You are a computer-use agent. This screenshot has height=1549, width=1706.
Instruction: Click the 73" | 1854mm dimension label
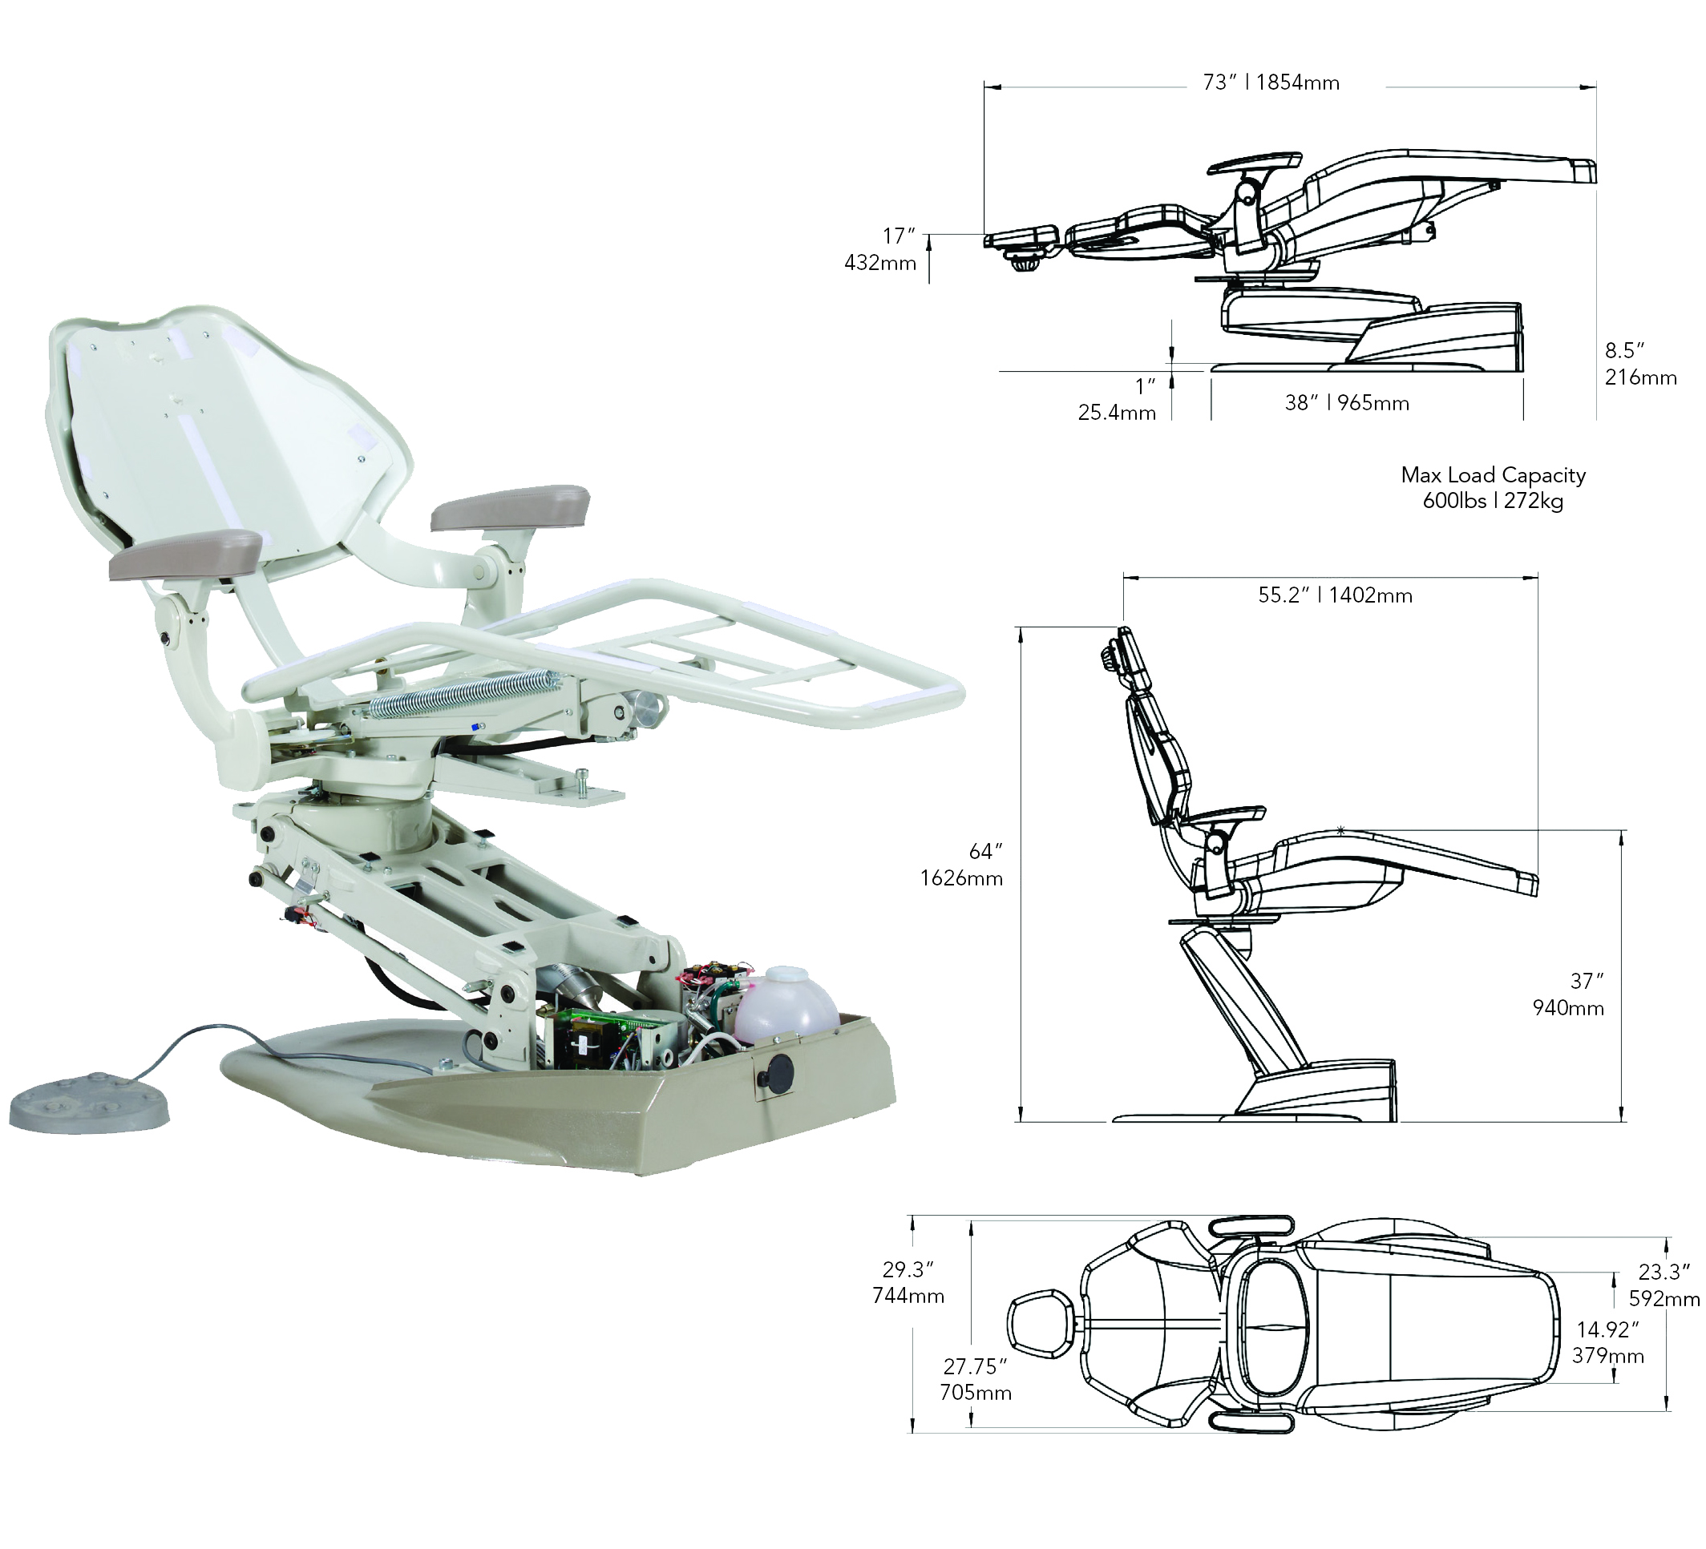coord(1270,83)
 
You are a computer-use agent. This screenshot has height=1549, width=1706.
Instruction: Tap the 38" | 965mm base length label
coord(1346,404)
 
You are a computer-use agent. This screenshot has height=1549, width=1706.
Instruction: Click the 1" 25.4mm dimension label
coord(1118,399)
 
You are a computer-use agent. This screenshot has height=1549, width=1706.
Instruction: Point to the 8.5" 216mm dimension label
coord(1639,364)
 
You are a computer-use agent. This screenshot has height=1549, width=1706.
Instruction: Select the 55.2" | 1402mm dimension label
coord(1335,595)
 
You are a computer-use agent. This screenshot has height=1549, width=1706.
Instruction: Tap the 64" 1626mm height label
coord(963,865)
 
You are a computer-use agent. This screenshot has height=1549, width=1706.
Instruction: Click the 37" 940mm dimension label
coord(1569,994)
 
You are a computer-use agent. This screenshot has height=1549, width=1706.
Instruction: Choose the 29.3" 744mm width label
coord(908,1282)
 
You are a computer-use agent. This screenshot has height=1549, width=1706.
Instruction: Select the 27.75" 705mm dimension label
coord(976,1379)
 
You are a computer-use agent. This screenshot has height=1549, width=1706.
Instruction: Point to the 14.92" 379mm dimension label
coord(1608,1342)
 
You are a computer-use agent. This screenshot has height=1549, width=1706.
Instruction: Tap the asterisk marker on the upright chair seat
coord(1340,832)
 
